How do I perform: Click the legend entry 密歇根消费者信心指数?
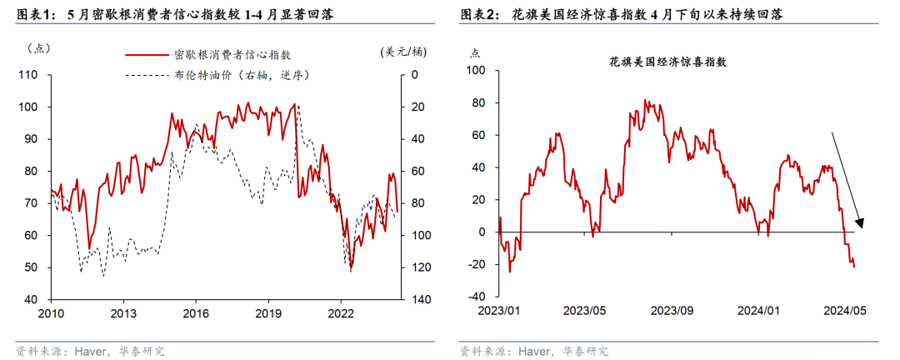[237, 55]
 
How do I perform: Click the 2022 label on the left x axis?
[341, 314]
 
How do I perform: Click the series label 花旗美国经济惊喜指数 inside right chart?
[668, 62]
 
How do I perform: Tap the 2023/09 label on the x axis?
[672, 310]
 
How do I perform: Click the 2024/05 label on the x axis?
[847, 310]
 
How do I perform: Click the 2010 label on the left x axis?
[51, 314]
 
